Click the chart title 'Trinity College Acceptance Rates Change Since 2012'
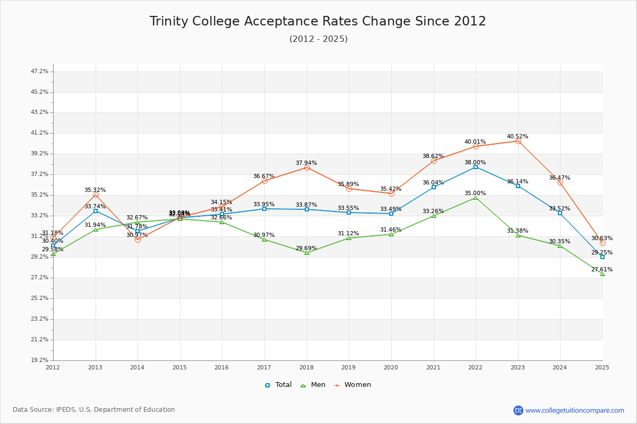click(317, 21)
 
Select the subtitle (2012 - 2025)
click(318, 39)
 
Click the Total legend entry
click(279, 385)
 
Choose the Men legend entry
click(313, 385)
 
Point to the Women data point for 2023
click(518, 141)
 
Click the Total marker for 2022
click(476, 167)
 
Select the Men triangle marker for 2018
click(307, 253)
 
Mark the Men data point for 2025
click(602, 274)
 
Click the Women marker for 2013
click(96, 195)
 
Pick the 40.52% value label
click(517, 136)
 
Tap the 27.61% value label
click(601, 269)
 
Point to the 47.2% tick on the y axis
click(40, 71)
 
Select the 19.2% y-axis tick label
click(40, 360)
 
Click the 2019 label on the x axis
click(349, 367)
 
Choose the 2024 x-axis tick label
click(560, 367)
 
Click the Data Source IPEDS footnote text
click(94, 410)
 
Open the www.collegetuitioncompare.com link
click(574, 410)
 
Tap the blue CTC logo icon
click(518, 410)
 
